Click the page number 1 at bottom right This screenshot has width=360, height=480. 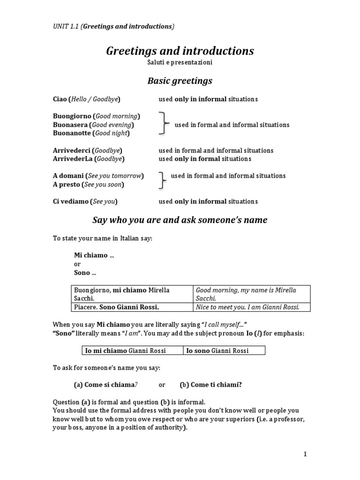tap(305, 454)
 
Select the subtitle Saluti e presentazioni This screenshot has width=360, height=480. tap(180, 62)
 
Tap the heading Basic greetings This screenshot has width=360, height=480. tap(180, 81)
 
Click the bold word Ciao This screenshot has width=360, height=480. tap(60, 99)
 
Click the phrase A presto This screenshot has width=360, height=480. tap(66, 185)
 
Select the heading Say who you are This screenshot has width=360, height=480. tap(180, 220)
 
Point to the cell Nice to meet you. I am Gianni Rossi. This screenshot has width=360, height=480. tap(247, 307)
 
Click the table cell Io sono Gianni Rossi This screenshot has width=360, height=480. tap(217, 350)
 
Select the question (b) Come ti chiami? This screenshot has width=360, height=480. tap(210, 384)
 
